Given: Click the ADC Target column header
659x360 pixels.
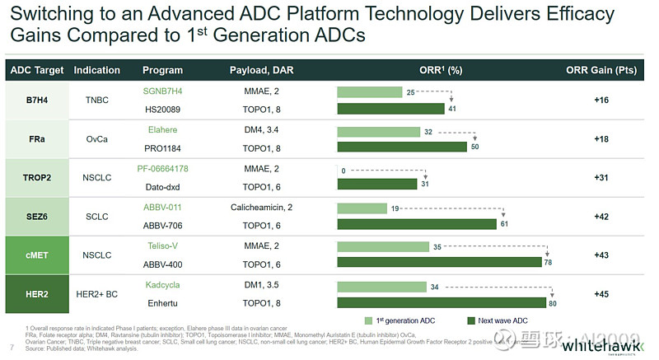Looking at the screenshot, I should [x=36, y=70].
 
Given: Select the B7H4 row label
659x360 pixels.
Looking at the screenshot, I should [x=36, y=99].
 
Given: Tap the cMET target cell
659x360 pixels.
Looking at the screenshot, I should [x=36, y=255].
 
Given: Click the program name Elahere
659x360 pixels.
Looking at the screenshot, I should [x=162, y=129].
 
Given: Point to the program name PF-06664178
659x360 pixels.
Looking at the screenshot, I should [x=162, y=169].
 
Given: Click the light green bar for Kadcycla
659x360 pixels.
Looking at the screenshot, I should [x=381, y=286].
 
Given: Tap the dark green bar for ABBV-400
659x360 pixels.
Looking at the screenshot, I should [x=438, y=262].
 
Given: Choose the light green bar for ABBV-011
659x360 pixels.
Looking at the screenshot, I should [x=362, y=208].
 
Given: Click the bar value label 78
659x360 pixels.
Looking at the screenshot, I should [x=547, y=262].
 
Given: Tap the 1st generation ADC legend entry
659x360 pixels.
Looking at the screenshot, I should [x=404, y=320].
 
